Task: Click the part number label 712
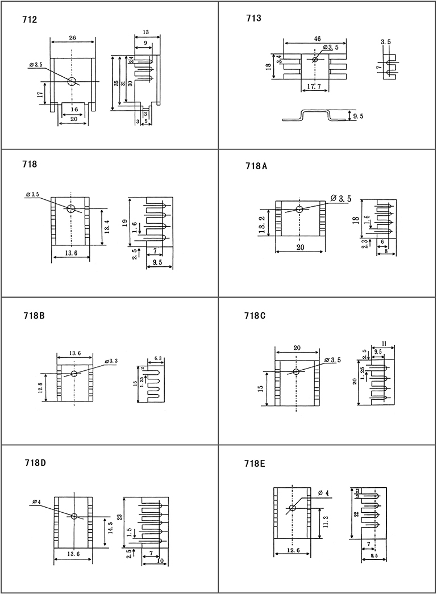[30, 20]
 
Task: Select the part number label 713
[253, 19]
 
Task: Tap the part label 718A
[256, 168]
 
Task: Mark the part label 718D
[35, 463]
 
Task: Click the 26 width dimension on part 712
[73, 37]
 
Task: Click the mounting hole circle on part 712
[72, 81]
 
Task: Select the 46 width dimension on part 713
[317, 39]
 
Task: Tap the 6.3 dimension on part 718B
[158, 358]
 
